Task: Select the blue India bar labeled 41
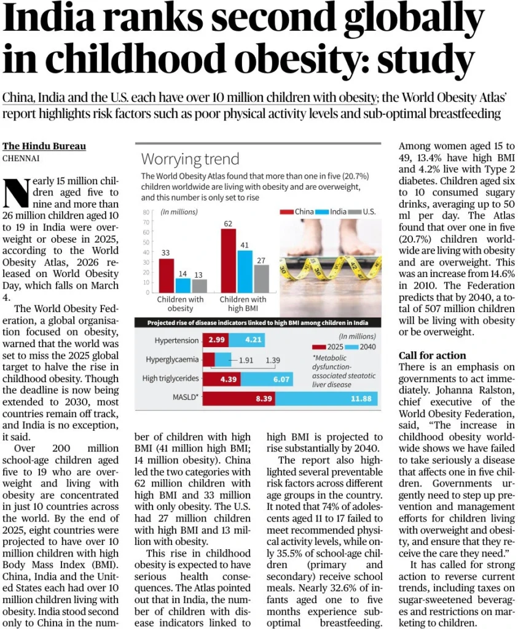(x=245, y=271)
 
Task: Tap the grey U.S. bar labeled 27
(x=261, y=278)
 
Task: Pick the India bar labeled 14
(x=182, y=285)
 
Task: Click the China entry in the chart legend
(x=299, y=211)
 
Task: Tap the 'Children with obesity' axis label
(x=180, y=303)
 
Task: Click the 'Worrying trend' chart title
(x=190, y=159)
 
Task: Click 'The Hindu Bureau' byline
(x=44, y=146)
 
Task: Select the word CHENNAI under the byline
(x=22, y=158)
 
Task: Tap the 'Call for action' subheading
(x=432, y=355)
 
